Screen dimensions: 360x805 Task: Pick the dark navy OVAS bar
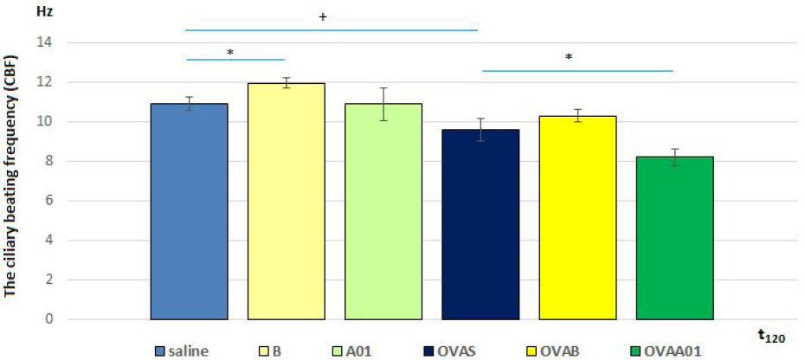point(480,225)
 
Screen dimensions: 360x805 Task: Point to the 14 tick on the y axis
point(44,42)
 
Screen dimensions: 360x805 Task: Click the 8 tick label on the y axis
point(48,161)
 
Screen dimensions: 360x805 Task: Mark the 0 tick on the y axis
point(48,319)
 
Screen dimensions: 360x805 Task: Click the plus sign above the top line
point(322,16)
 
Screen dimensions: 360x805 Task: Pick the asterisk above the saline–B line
point(230,53)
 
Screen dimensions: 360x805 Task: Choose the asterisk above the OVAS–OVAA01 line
point(569,57)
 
